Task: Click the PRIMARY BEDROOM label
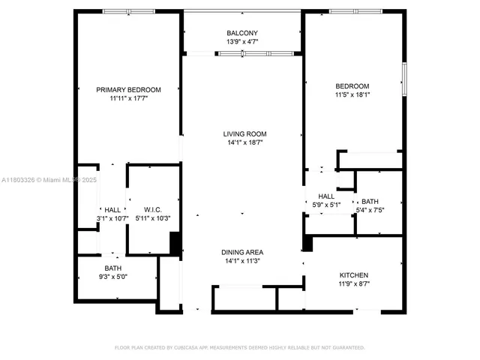coord(126,89)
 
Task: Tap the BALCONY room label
coord(242,33)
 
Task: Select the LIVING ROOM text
coord(242,133)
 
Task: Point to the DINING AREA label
coord(242,252)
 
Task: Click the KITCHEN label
coord(353,275)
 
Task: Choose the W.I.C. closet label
coord(153,210)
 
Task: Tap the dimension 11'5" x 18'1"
coord(352,95)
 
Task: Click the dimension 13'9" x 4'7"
coord(242,42)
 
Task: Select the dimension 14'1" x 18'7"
coord(242,142)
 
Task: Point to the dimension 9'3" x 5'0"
coord(113,277)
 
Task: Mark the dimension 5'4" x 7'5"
coord(370,210)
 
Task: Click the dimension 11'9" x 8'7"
coord(353,284)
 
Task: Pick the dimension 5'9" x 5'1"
coord(326,204)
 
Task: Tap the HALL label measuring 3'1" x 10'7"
coord(113,210)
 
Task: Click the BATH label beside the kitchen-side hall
coord(370,201)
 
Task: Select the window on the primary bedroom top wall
coord(126,11)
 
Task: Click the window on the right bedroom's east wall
coord(403,79)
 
